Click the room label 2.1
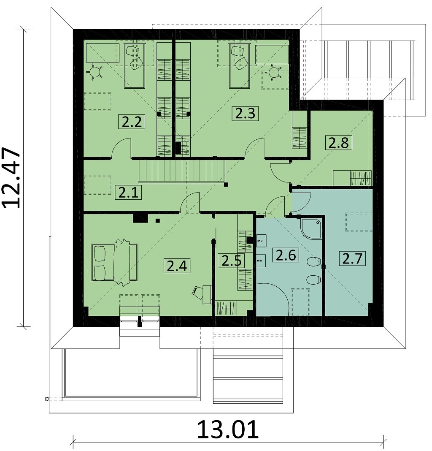coord(129,193)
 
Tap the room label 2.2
coord(132,122)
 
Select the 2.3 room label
coord(245,113)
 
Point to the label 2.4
coord(177,265)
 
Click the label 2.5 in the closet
coord(231,261)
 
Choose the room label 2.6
coord(286,255)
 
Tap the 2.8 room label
coord(339,143)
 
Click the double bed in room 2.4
coord(114,262)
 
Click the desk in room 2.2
coord(103,53)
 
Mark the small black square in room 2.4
coord(157,221)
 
